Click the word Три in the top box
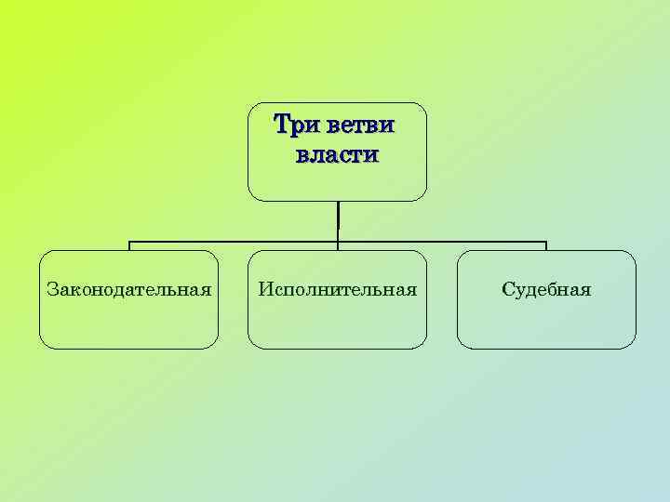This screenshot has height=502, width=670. pos(291,124)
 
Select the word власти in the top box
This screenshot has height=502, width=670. pos(337,153)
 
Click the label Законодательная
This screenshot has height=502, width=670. pos(128,289)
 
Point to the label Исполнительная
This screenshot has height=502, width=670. pos(337,289)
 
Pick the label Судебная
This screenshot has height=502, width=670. pos(546,289)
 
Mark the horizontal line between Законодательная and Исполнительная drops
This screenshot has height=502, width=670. pos(233,243)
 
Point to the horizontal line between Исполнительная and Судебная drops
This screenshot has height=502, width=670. pos(442,243)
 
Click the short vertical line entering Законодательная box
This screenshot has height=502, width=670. pos(129,246)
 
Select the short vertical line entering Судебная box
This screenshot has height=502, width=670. pos(546,246)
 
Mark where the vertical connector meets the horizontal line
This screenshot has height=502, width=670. pos(338,243)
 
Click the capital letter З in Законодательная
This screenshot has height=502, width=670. pos(52,289)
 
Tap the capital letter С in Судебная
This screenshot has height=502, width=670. pos(507,289)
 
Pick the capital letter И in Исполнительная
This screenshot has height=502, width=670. pos(265,289)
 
